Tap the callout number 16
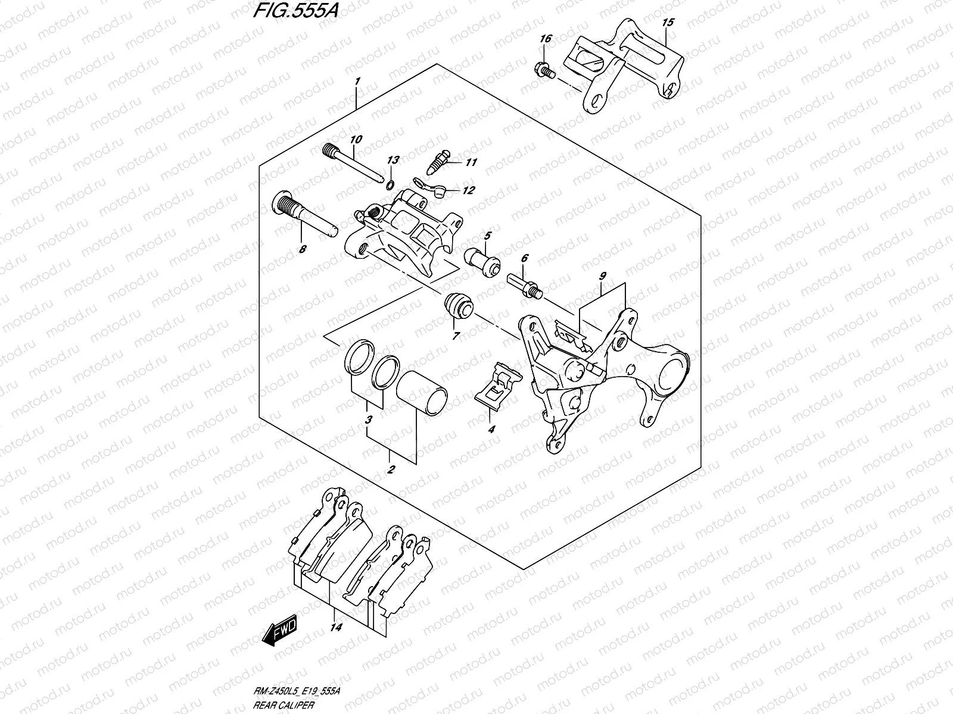click(x=546, y=39)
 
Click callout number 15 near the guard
click(x=668, y=23)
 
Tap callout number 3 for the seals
click(x=369, y=420)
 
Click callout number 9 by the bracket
click(x=603, y=276)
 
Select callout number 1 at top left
click(x=357, y=80)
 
